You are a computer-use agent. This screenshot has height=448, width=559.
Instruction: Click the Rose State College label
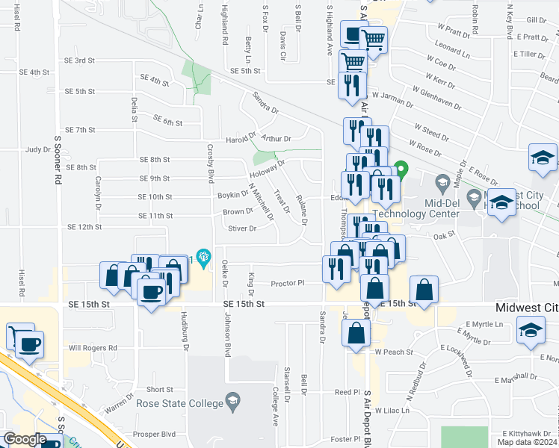[179, 404]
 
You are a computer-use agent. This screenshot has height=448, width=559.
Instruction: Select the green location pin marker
[401, 171]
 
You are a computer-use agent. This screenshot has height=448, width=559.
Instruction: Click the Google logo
[25, 439]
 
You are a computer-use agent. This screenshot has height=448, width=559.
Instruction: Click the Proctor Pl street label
[288, 283]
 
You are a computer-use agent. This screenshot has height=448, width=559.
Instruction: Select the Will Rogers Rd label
[93, 348]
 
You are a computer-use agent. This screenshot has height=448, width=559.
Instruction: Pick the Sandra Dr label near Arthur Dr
[265, 102]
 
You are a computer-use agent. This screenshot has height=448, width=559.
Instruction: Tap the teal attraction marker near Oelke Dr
[202, 255]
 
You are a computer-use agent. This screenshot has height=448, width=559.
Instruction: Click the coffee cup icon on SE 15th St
[152, 293]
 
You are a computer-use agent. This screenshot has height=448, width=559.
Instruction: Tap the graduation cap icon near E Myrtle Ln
[531, 331]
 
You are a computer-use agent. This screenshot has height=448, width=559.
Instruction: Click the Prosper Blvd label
[155, 435]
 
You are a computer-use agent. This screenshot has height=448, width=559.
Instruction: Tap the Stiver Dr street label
[241, 228]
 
